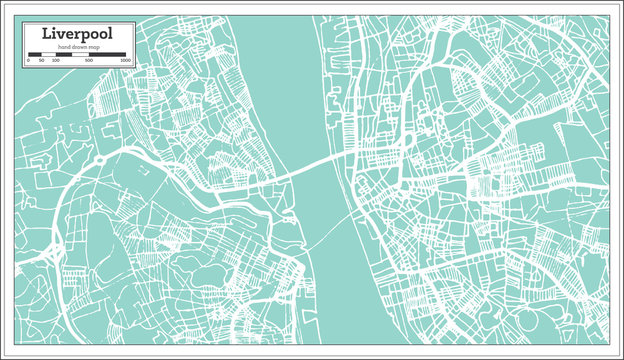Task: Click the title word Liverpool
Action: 76,33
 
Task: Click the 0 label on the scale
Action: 28,61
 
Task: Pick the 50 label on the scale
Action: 41,61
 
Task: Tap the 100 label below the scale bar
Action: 55,61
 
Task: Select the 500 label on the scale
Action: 89,61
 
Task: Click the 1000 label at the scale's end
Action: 125,61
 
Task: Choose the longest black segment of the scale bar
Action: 107,54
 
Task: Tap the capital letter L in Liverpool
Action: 47,33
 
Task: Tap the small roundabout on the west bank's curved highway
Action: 99,160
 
